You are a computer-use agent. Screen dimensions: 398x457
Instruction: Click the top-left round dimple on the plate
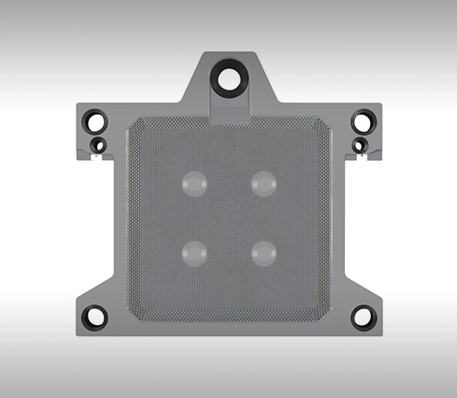point(194,182)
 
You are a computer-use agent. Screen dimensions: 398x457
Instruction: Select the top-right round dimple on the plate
point(263,182)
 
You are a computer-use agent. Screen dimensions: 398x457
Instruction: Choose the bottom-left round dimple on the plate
point(194,252)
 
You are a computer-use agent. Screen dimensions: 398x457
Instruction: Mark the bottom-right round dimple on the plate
point(263,252)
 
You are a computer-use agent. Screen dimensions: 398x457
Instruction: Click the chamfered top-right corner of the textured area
point(324,125)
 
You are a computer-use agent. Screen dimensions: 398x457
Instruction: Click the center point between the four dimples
point(228,217)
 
